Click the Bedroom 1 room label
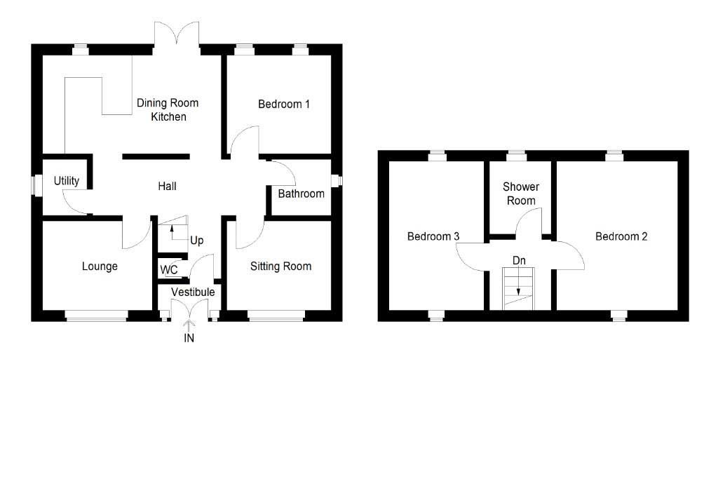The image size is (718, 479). [284, 104]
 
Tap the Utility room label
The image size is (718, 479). [67, 181]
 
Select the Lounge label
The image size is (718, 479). [100, 267]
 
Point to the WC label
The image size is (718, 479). [169, 270]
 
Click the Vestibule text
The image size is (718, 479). [193, 292]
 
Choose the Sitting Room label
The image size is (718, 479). [280, 267]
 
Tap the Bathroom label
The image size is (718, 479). [302, 194]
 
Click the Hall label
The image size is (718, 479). [167, 187]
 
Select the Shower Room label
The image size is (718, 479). [520, 194]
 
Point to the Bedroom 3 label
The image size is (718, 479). [433, 236]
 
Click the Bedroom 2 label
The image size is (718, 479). [621, 236]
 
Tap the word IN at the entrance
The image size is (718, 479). [189, 339]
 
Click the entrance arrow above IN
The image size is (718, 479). [189, 325]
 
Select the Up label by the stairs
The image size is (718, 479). [197, 241]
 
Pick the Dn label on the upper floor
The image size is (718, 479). [519, 261]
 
